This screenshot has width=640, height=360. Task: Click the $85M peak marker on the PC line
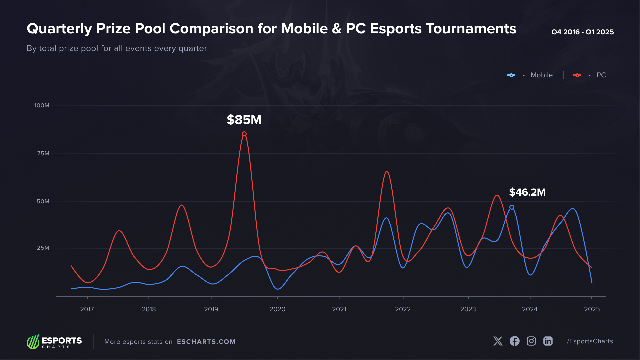[244, 134]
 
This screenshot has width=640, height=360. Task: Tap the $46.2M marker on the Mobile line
[512, 207]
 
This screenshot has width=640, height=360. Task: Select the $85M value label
[244, 120]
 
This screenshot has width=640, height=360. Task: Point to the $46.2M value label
[527, 192]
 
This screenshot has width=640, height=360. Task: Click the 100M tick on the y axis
[42, 106]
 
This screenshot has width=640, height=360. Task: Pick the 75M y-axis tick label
[43, 154]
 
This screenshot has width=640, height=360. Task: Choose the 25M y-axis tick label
[43, 248]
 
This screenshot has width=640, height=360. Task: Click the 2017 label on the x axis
[87, 309]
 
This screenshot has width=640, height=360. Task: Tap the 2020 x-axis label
[277, 309]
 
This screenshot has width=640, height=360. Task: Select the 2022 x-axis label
[403, 309]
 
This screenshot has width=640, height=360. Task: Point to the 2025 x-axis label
[592, 309]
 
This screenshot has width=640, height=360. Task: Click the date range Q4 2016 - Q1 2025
[582, 32]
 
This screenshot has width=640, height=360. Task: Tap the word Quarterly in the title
[59, 29]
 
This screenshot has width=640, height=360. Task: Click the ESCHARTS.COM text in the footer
[206, 342]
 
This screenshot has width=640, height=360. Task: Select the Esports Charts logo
[54, 341]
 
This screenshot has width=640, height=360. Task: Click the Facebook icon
[514, 341]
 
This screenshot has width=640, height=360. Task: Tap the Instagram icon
[531, 341]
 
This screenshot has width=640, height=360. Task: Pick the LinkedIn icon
[548, 341]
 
